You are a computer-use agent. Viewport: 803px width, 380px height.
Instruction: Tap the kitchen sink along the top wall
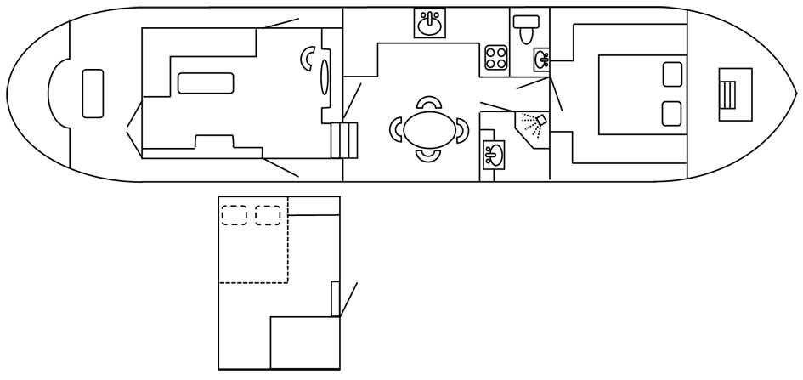coord(430,24)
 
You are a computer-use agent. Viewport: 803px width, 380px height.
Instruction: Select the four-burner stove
coord(496,58)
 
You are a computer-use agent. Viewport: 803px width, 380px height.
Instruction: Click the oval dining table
coord(428,130)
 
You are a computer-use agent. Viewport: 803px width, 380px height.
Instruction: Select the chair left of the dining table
coord(397,130)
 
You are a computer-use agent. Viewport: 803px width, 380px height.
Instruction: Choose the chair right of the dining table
coord(461,130)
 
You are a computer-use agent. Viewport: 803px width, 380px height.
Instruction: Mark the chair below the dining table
coord(429,156)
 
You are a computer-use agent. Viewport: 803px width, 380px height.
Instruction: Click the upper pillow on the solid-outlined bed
coord(673,74)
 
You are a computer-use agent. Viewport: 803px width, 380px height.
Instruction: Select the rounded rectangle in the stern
coord(93,94)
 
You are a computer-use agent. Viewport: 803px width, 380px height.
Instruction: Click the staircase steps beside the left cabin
coord(345,139)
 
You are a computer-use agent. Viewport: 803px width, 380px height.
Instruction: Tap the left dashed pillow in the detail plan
coord(234,215)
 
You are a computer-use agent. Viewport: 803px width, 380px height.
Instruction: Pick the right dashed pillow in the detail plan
coord(268,215)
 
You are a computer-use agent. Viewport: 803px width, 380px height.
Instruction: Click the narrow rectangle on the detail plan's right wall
coord(336,298)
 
